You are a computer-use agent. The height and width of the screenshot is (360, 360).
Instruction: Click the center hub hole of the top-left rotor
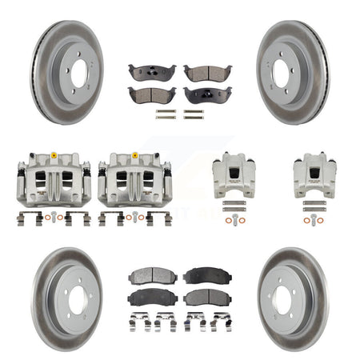(78, 72)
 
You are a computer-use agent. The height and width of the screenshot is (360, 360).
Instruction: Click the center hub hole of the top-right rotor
(284, 72)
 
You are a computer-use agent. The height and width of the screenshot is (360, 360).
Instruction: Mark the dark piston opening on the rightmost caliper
(313, 170)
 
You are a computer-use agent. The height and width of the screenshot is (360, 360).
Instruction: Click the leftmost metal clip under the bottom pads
(138, 322)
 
